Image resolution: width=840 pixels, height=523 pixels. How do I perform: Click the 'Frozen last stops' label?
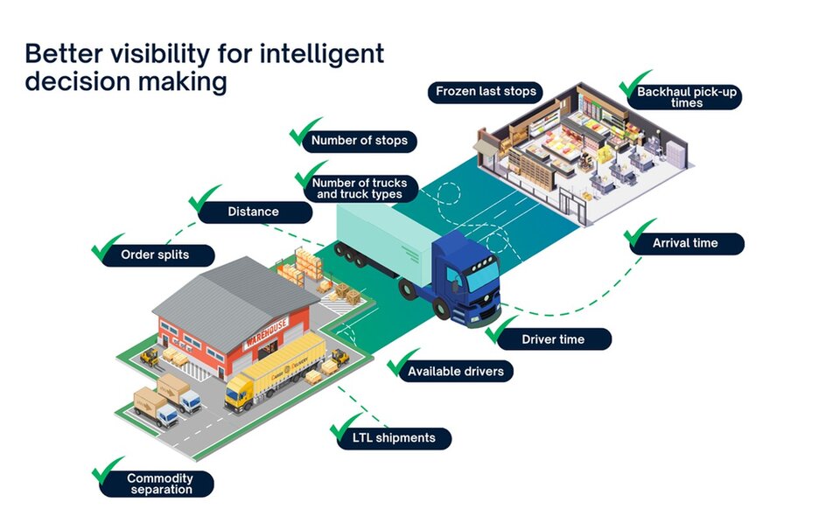coord(486,92)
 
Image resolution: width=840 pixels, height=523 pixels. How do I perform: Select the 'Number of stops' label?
coord(359,140)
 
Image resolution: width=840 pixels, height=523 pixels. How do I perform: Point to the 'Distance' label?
coord(253,212)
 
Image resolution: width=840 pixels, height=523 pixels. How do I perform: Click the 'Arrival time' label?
coord(685,243)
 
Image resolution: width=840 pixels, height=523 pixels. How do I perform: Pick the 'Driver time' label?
coord(553,338)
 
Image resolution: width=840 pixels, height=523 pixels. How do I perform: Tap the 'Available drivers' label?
coord(455,371)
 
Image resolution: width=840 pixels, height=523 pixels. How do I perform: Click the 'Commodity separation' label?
coord(159,484)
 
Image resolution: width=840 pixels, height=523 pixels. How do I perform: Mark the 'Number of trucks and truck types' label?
coord(359,188)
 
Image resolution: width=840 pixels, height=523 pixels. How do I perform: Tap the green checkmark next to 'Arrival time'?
coord(640,234)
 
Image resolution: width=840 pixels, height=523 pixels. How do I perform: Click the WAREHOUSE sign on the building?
coord(266,331)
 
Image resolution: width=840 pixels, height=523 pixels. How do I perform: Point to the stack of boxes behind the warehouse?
coord(308,261)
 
